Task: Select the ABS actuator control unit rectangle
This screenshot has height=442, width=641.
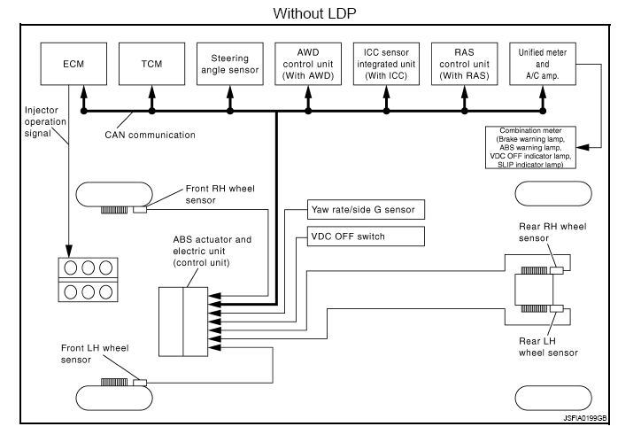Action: coord(181,321)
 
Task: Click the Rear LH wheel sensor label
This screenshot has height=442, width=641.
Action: coord(550,344)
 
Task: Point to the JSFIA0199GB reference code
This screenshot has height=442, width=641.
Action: coord(584,417)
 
